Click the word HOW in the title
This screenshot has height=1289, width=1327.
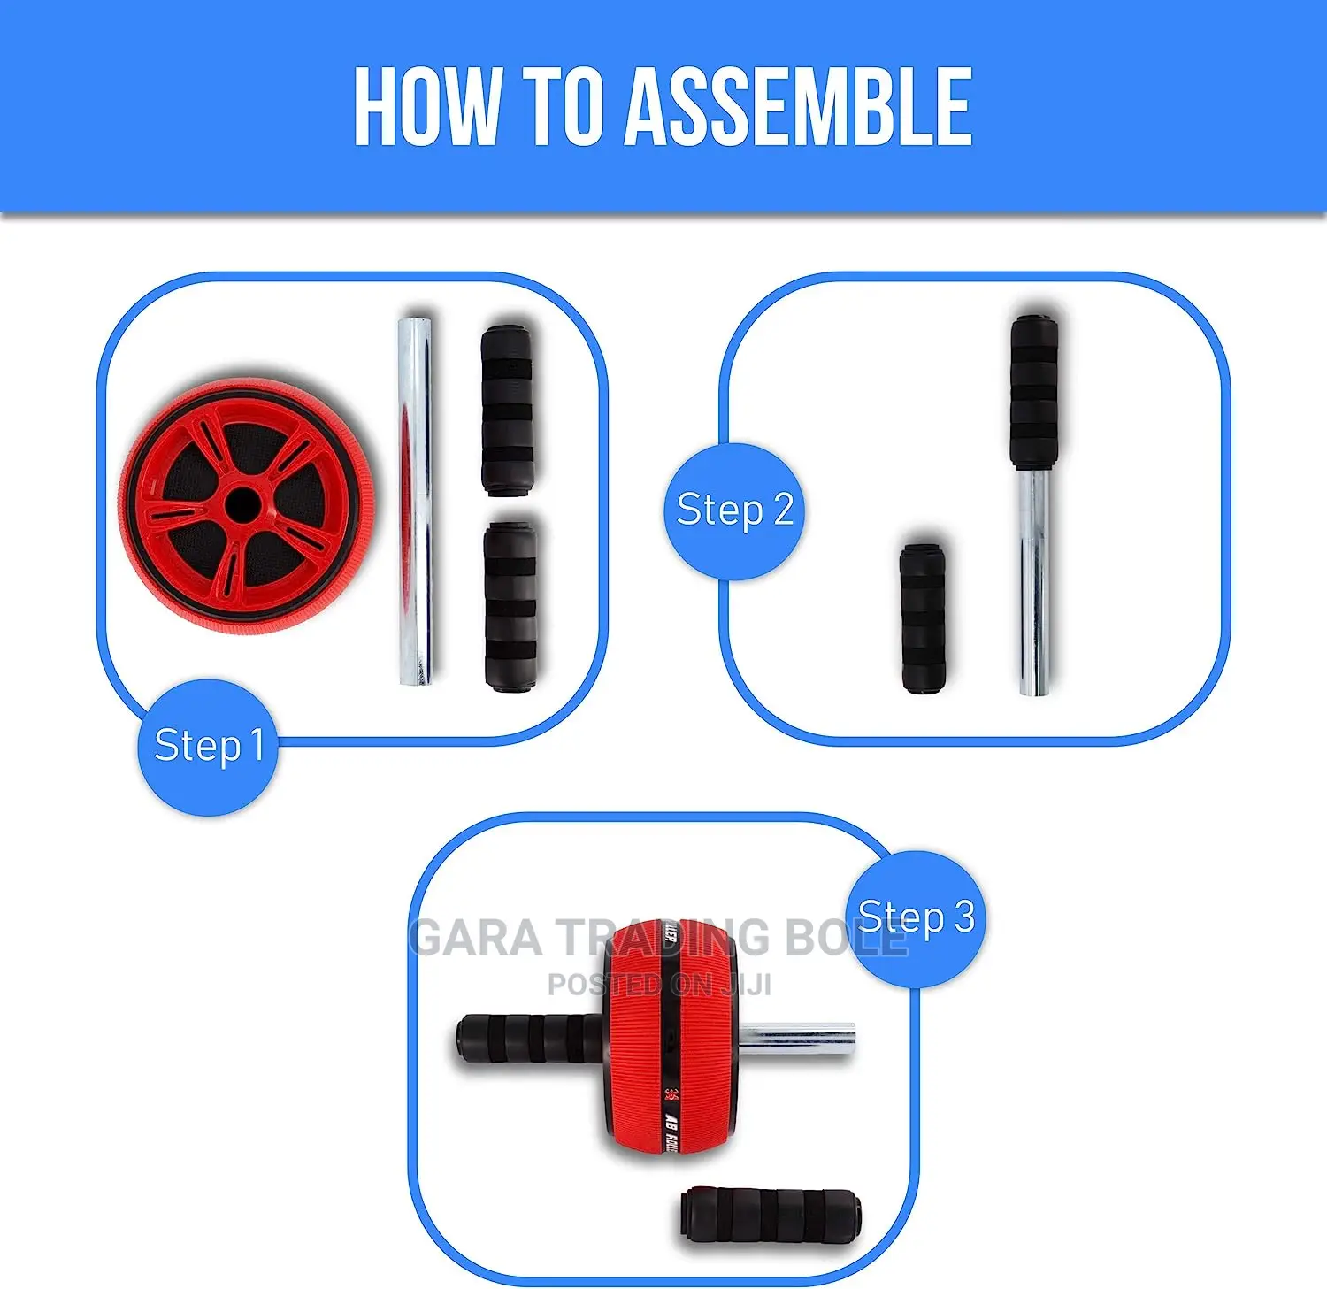click(x=426, y=107)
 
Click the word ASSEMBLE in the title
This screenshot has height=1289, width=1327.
click(x=799, y=107)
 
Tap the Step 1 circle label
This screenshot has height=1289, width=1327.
click(x=209, y=746)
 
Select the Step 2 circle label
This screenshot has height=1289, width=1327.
click(x=734, y=510)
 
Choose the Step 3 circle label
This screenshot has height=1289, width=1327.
click(x=917, y=917)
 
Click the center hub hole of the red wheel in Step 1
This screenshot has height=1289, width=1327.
click(x=242, y=506)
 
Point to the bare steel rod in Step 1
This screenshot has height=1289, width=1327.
click(x=415, y=501)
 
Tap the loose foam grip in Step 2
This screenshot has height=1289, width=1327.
click(x=923, y=618)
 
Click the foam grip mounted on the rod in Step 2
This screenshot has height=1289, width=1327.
click(x=1034, y=391)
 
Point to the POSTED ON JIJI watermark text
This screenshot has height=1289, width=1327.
click(x=659, y=985)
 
